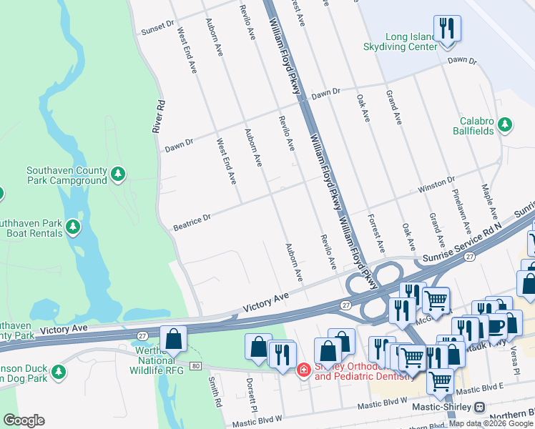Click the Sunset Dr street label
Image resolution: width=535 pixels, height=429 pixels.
click(157, 27)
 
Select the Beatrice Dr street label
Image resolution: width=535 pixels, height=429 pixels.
click(192, 222)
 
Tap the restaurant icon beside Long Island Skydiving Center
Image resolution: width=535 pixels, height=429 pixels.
click(447, 29)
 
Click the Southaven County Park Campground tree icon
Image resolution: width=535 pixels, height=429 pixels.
click(117, 174)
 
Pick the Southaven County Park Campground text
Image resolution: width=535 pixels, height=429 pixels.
click(66, 175)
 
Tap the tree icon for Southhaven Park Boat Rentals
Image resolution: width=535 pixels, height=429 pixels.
click(72, 227)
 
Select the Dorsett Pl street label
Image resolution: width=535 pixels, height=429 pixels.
click(251, 390)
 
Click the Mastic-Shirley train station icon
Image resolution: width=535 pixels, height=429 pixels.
click(479, 407)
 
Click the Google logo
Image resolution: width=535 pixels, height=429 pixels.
click(24, 420)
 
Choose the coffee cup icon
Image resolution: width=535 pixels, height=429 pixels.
click(495, 325)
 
